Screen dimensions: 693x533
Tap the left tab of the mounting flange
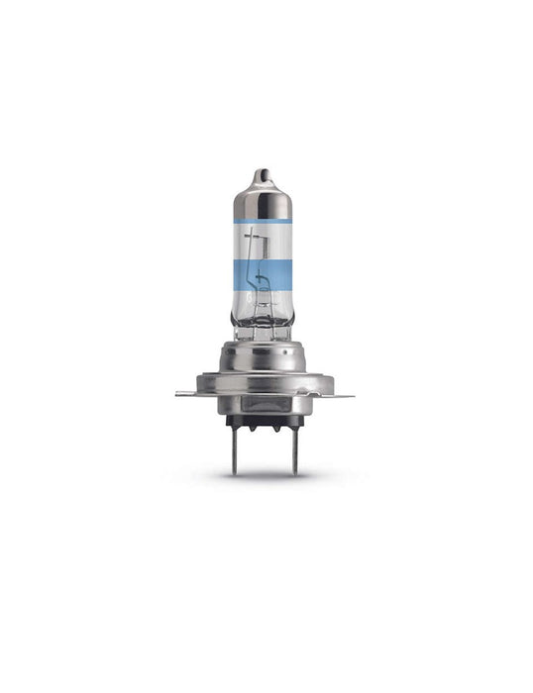click(x=186, y=394)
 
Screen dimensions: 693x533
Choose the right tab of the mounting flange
click(x=342, y=395)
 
